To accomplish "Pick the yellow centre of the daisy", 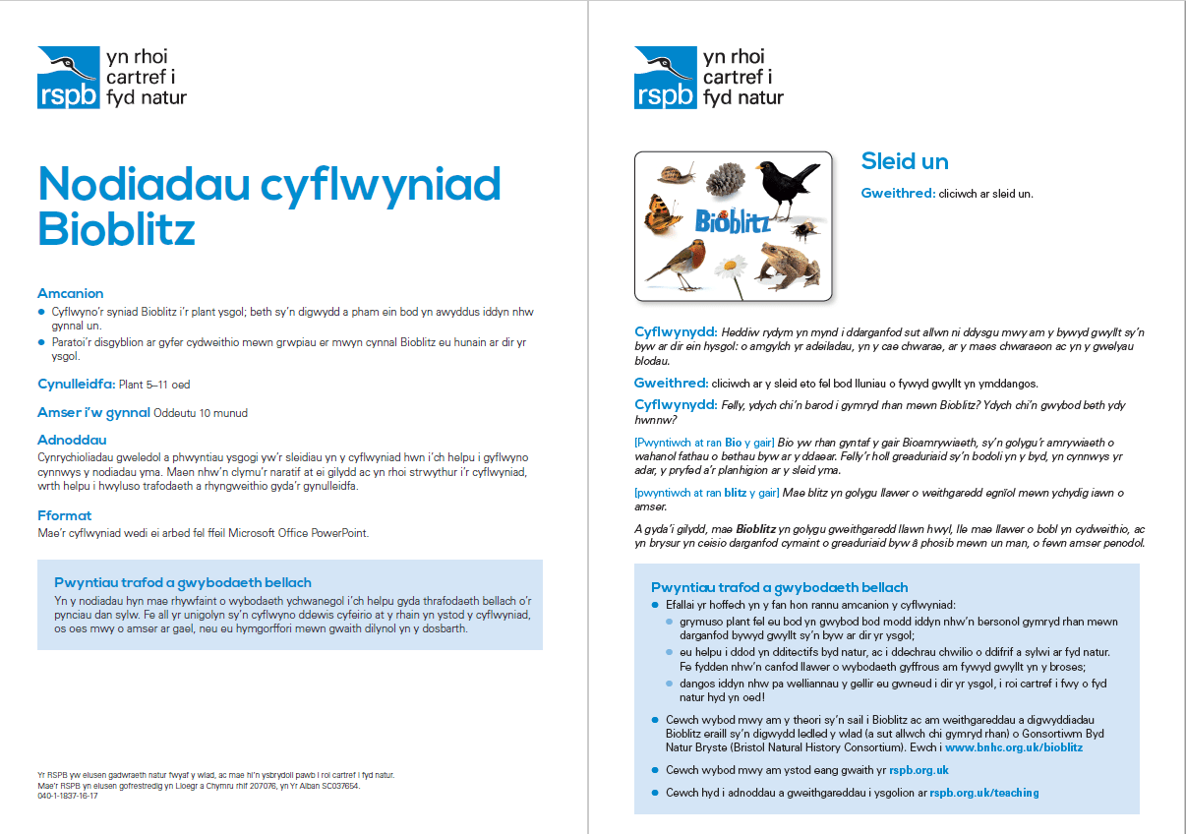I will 729,264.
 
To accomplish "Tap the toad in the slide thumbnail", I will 789,260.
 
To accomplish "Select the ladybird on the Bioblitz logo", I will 725,214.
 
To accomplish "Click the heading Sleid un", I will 905,161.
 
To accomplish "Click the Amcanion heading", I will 71,293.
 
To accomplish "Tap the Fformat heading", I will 65,515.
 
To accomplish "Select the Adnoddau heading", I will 72,440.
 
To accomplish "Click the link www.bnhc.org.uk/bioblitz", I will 1014,747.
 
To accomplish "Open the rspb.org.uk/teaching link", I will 984,793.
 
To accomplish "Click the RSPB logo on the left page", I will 69,77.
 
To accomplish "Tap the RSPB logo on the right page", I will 666,77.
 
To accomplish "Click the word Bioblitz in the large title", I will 116,229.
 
